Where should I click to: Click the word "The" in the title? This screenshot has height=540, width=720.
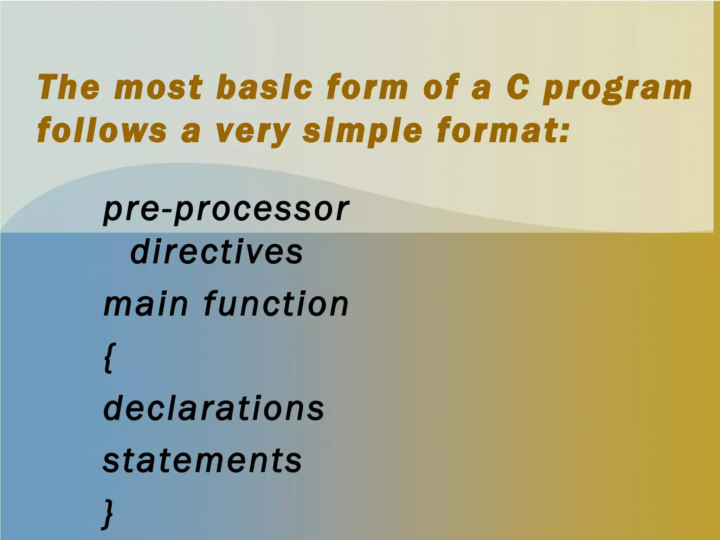click(69, 87)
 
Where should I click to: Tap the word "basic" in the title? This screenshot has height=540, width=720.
click(264, 87)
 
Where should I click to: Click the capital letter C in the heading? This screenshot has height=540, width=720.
click(518, 87)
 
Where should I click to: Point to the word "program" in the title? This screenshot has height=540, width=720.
click(617, 89)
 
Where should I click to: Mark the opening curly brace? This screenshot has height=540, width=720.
click(109, 358)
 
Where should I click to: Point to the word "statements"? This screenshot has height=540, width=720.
click(202, 461)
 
